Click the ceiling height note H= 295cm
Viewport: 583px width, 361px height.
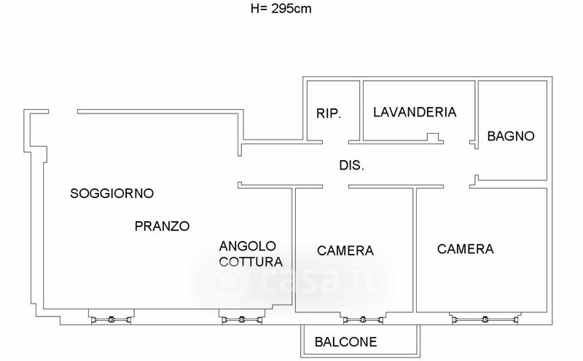(281, 9)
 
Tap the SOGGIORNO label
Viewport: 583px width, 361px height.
(112, 194)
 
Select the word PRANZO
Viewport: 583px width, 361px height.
(162, 226)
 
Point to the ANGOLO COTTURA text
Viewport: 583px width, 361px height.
(251, 254)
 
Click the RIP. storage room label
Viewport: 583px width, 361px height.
(329, 114)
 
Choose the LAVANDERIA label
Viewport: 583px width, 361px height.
(415, 112)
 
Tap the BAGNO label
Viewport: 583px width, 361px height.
(511, 136)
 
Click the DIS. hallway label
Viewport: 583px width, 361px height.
(351, 165)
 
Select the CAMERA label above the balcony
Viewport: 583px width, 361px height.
(345, 250)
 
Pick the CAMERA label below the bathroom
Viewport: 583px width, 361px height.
(466, 249)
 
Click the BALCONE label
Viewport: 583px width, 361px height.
(345, 342)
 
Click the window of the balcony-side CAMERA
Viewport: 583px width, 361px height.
(363, 319)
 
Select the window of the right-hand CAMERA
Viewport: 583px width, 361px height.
(485, 319)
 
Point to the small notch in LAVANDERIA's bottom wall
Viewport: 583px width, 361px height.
(433, 137)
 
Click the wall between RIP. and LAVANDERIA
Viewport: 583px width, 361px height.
(361, 111)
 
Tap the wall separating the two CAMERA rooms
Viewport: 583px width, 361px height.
(415, 250)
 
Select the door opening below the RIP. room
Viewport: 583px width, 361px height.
(335, 142)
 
